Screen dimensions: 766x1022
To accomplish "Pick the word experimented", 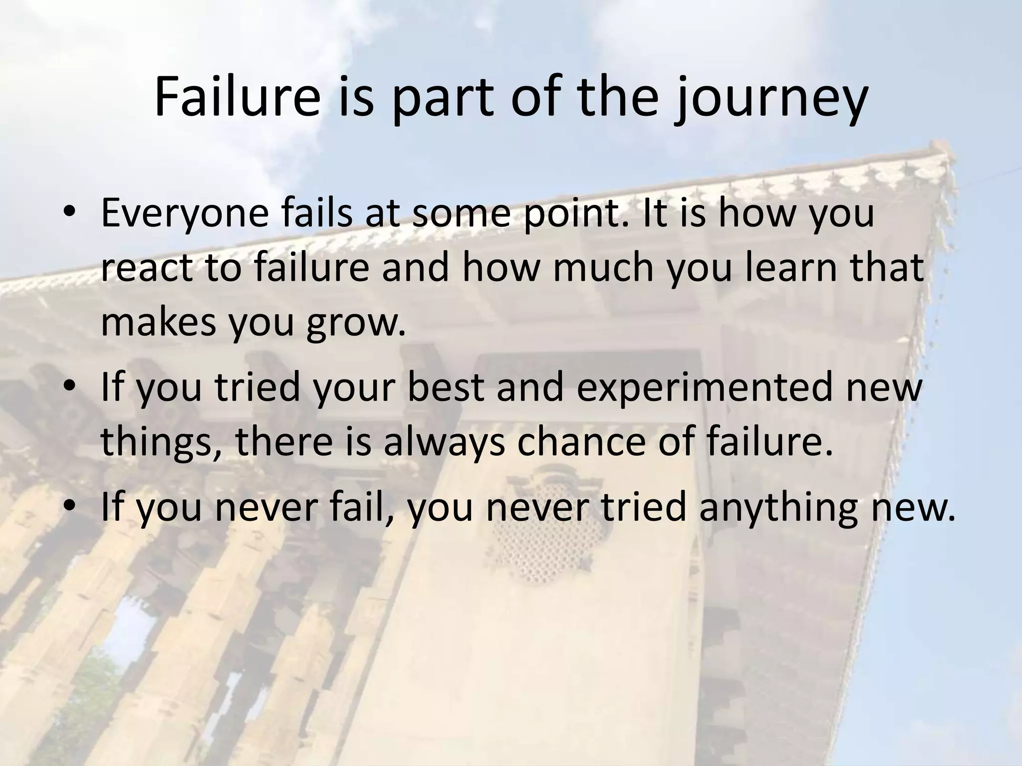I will (x=705, y=388).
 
